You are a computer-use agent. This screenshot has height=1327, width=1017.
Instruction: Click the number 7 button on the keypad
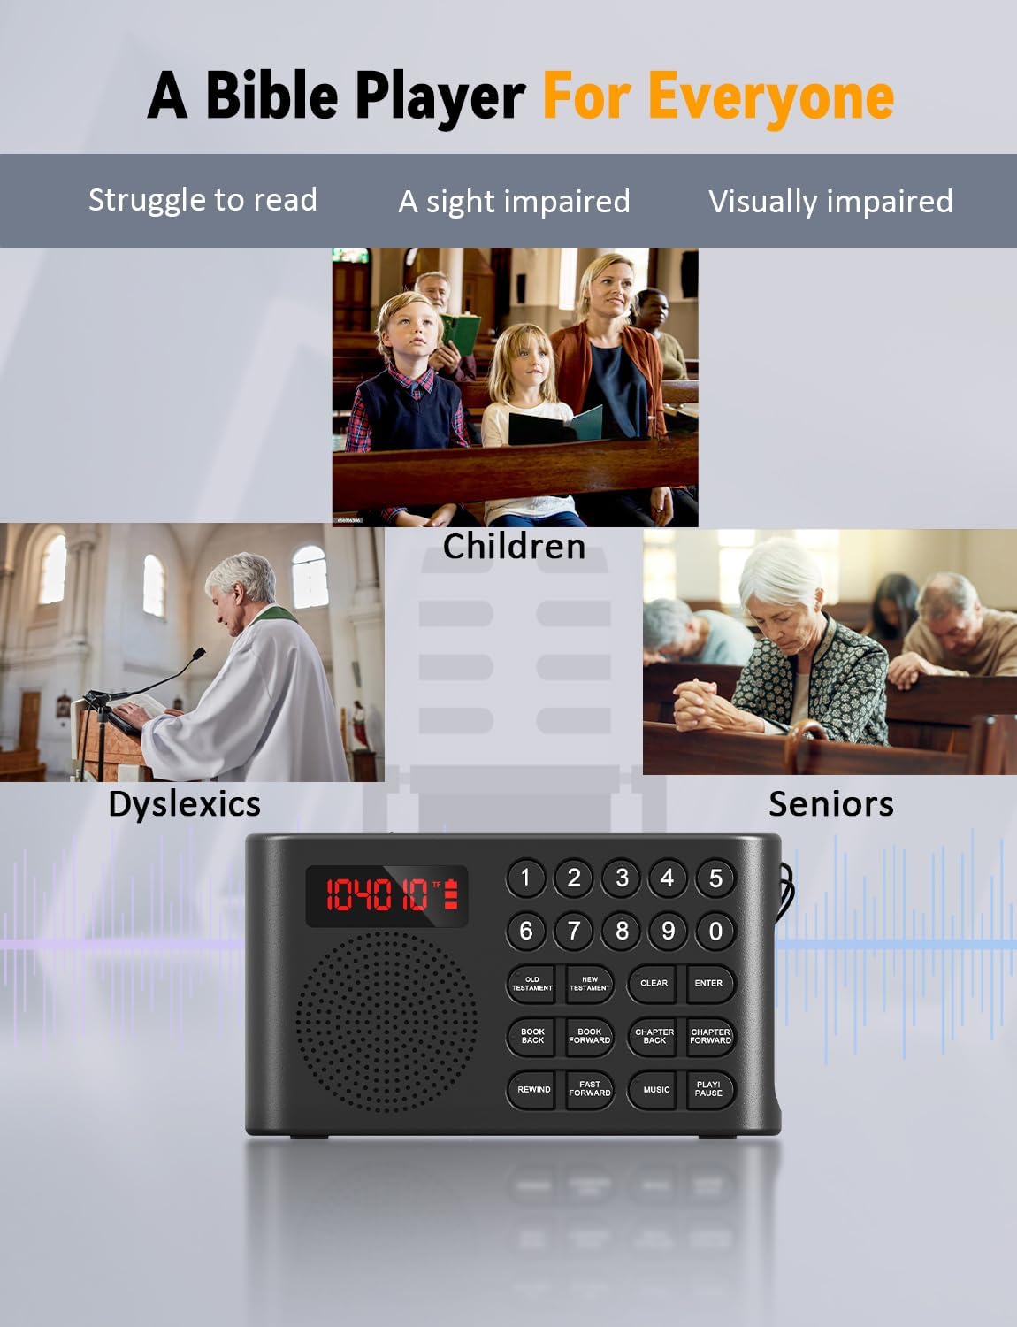click(574, 930)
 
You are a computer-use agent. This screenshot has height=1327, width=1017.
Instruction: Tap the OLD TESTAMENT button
click(531, 984)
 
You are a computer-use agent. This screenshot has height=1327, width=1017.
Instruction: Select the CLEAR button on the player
click(654, 983)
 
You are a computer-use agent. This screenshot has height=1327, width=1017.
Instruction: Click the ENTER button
click(708, 983)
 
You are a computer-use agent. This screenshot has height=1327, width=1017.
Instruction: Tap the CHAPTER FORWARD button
click(710, 1036)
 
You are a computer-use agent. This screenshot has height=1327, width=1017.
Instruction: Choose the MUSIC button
click(655, 1089)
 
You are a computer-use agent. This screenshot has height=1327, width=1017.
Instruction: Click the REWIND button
click(533, 1089)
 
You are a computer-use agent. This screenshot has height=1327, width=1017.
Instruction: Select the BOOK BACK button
click(532, 1036)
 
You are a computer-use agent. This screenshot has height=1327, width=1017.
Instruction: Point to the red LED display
click(387, 895)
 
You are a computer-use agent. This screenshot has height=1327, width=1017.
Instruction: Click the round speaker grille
click(386, 1022)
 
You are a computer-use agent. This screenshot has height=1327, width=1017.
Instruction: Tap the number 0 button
click(715, 930)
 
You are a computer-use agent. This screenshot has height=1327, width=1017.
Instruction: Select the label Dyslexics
click(184, 804)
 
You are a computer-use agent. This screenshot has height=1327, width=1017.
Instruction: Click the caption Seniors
click(830, 804)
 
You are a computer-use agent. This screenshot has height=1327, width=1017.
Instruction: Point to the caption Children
click(514, 546)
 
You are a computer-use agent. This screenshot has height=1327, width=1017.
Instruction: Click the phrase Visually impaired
click(830, 201)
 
